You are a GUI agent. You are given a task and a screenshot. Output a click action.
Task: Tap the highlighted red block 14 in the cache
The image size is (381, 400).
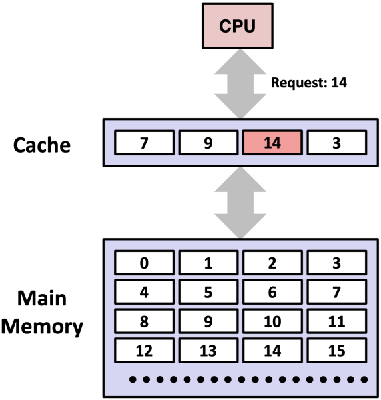coord(272,142)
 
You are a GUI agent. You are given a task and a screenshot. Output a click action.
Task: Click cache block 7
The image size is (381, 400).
coord(145,142)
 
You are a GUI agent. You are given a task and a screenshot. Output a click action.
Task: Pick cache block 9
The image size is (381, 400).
coord(208,142)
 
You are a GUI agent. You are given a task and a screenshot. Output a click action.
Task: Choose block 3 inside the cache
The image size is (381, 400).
coord(336,142)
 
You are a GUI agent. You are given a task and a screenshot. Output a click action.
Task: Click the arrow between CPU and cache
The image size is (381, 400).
coord(239,85)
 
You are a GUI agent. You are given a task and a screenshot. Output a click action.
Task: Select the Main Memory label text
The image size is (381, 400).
coord(45,312)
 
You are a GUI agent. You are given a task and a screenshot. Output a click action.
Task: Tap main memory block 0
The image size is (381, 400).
coord(145,263)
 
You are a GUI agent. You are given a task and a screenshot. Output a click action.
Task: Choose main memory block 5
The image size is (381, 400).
coord(208,292)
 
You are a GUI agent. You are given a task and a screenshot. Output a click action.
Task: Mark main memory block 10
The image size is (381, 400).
coord(272,321)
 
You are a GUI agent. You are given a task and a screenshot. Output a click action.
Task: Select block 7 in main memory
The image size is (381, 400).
coord(336,292)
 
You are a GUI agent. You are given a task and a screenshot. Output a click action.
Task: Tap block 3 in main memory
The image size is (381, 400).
coord(336,263)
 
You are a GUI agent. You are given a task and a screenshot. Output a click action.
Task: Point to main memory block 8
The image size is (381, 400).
coord(145,321)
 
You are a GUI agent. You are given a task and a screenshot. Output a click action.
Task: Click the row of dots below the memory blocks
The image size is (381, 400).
coord(248,379)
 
